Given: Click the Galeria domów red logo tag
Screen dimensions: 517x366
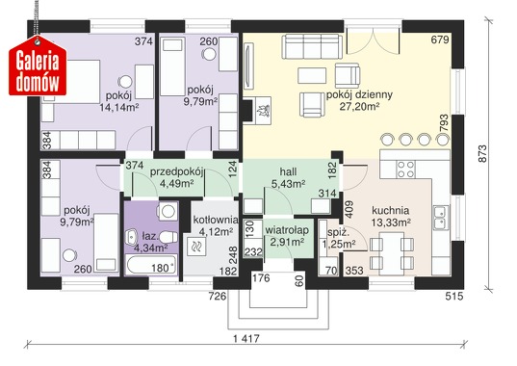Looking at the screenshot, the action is tap(38, 65).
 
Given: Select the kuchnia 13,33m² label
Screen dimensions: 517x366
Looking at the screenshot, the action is tap(391, 217).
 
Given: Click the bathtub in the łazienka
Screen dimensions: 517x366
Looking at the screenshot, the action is tap(152, 264).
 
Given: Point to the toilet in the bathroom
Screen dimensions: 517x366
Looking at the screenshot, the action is tap(169, 237).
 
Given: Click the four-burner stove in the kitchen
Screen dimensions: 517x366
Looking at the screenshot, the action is tap(405, 170).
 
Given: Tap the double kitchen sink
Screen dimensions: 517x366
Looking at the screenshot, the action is tap(441, 218).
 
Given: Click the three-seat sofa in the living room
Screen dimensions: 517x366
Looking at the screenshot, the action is tap(312, 46).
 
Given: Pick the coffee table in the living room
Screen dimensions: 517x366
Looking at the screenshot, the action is tap(312, 75).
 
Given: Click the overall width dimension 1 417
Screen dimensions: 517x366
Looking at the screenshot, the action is tap(246, 338).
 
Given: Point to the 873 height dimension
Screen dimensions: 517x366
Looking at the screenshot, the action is tap(481, 154).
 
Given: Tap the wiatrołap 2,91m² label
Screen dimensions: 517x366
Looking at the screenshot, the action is tap(287, 236).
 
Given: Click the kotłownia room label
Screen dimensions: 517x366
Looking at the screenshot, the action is tap(216, 220).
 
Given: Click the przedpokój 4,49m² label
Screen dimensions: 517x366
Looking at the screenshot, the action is tap(176, 178).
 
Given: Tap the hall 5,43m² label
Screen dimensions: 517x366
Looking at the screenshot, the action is tap(288, 178).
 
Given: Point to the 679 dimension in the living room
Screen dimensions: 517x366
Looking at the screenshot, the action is tap(440, 39).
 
